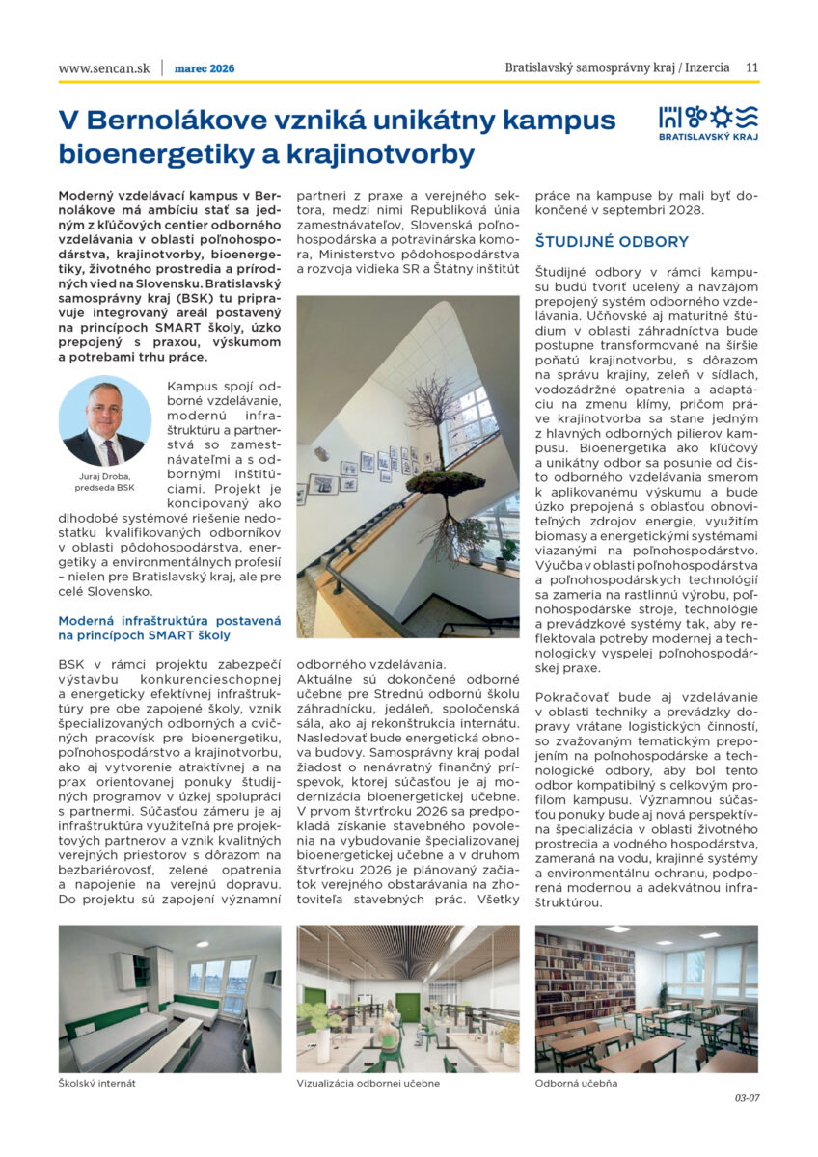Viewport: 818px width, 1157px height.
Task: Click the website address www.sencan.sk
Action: point(104,68)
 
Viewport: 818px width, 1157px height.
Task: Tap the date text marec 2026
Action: point(204,68)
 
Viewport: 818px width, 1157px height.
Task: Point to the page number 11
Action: point(751,68)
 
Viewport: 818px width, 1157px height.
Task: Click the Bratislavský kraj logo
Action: point(708,123)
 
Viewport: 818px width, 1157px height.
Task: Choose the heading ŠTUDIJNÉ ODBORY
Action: point(612,242)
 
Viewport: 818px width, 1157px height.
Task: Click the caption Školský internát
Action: point(96,1083)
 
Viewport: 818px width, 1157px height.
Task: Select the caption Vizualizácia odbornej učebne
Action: point(368,1083)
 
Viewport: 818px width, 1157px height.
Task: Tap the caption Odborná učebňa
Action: point(576,1083)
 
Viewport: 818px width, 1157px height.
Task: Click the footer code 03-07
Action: point(747,1097)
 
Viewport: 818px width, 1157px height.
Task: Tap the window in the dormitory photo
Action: point(221,983)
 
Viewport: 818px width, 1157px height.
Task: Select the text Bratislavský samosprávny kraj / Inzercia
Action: point(618,68)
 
